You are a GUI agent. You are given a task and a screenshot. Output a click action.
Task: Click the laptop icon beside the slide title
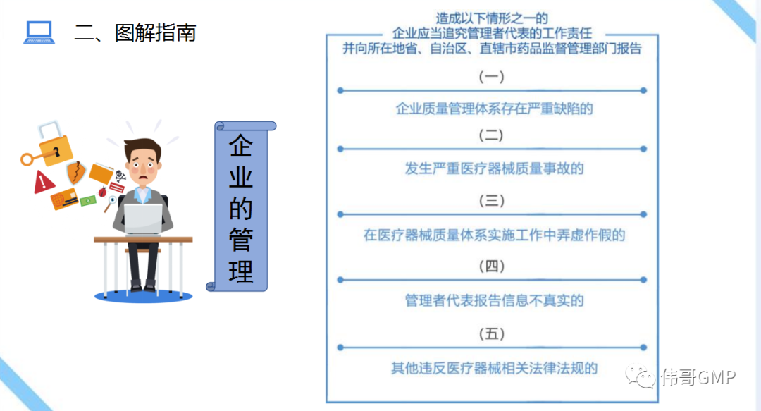(39, 32)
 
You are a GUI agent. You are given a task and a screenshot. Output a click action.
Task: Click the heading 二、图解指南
(135, 33)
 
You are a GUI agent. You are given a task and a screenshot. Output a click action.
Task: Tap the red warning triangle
(44, 182)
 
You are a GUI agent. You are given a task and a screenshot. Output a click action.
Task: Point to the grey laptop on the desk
(142, 219)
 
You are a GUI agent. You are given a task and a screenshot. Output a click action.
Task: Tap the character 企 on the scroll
(241, 145)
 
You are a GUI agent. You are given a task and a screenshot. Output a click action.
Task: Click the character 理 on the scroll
(241, 271)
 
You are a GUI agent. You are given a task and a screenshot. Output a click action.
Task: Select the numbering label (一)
(491, 77)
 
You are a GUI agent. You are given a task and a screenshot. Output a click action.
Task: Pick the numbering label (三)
(491, 200)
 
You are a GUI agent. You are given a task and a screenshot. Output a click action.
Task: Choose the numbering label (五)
(491, 333)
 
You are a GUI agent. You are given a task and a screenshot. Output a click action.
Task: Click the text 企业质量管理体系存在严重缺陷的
(494, 109)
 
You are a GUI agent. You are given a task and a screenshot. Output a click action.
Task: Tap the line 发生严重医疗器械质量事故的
(494, 168)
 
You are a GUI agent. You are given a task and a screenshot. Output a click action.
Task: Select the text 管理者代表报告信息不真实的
(494, 301)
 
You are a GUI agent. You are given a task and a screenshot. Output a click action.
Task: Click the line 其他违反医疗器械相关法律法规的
(494, 368)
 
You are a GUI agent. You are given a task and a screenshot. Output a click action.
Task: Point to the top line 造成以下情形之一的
(492, 18)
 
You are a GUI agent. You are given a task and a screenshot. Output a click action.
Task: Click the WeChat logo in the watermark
(641, 376)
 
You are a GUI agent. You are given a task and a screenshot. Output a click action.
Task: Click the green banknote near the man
(88, 201)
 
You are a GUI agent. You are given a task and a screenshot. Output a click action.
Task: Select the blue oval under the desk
(143, 295)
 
